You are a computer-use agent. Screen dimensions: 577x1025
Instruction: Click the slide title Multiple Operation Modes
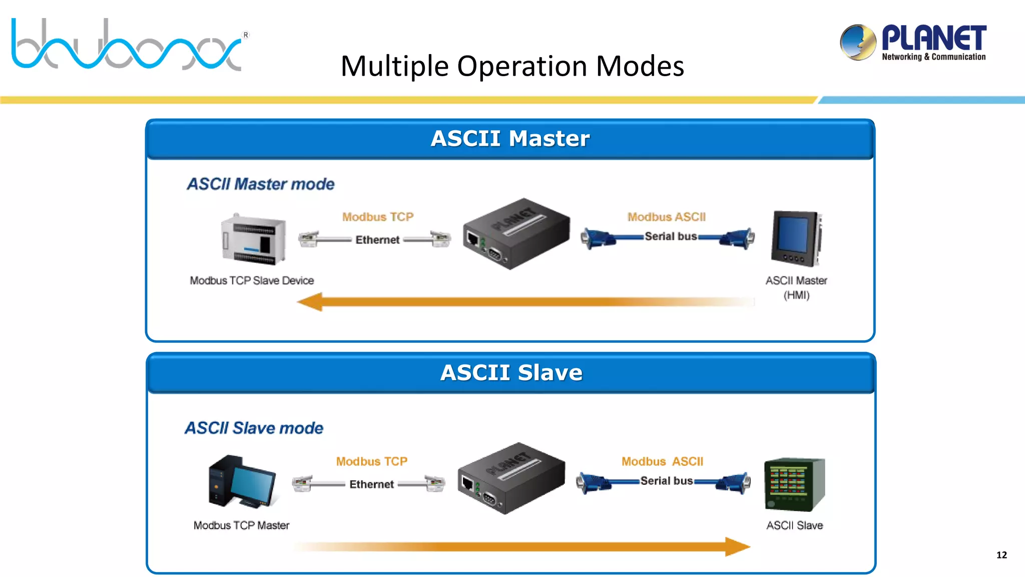[512, 66]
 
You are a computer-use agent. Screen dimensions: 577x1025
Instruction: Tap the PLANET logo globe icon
[858, 42]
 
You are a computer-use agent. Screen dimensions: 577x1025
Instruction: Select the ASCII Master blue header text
[510, 139]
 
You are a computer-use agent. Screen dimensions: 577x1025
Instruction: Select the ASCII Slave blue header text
[511, 373]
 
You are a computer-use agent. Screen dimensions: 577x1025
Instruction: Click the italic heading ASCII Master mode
[260, 184]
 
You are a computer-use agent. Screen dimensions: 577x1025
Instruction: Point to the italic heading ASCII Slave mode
[254, 428]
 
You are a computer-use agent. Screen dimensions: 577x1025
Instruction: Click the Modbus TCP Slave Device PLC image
[254, 239]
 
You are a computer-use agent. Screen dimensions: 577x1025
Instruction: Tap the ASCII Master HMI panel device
[796, 238]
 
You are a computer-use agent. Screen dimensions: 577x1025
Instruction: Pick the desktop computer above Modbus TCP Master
[242, 481]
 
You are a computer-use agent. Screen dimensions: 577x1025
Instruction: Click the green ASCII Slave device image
[794, 484]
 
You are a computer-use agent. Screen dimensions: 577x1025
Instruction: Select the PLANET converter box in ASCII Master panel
[516, 233]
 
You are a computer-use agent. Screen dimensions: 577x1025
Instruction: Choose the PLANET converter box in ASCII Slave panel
[510, 478]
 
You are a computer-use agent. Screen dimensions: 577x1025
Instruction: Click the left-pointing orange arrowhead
[310, 302]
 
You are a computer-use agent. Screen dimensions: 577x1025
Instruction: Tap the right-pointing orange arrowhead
[737, 546]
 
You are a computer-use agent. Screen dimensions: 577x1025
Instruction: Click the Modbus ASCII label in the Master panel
[667, 217]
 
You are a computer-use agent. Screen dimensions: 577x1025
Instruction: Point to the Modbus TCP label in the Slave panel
[371, 461]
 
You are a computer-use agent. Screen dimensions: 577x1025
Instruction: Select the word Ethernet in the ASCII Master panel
[377, 240]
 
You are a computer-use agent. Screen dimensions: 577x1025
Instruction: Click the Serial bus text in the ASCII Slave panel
[666, 481]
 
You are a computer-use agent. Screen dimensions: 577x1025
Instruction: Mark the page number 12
[1001, 555]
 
